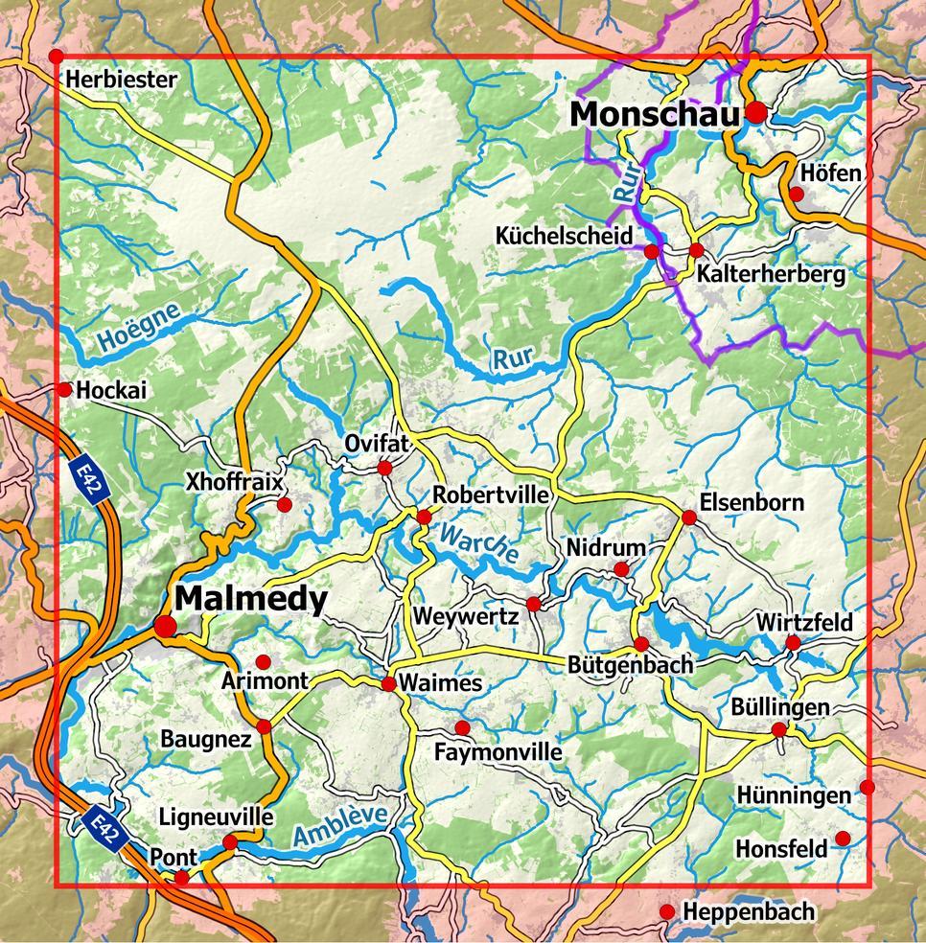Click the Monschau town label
pyautogui.click(x=655, y=114)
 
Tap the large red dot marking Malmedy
pyautogui.click(x=166, y=626)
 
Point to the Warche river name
pyautogui.click(x=478, y=542)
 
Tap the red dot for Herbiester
pyautogui.click(x=57, y=57)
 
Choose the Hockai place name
pyautogui.click(x=111, y=390)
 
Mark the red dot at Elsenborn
pyautogui.click(x=688, y=517)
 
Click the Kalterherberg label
pyautogui.click(x=772, y=275)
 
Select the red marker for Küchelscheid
pyautogui.click(x=652, y=252)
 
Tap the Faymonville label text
pyautogui.click(x=498, y=752)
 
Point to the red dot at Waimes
pyautogui.click(x=389, y=683)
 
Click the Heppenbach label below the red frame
pyautogui.click(x=748, y=911)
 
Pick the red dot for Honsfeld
pyautogui.click(x=843, y=839)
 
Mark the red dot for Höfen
pyautogui.click(x=796, y=195)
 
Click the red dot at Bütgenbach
pyautogui.click(x=641, y=644)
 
